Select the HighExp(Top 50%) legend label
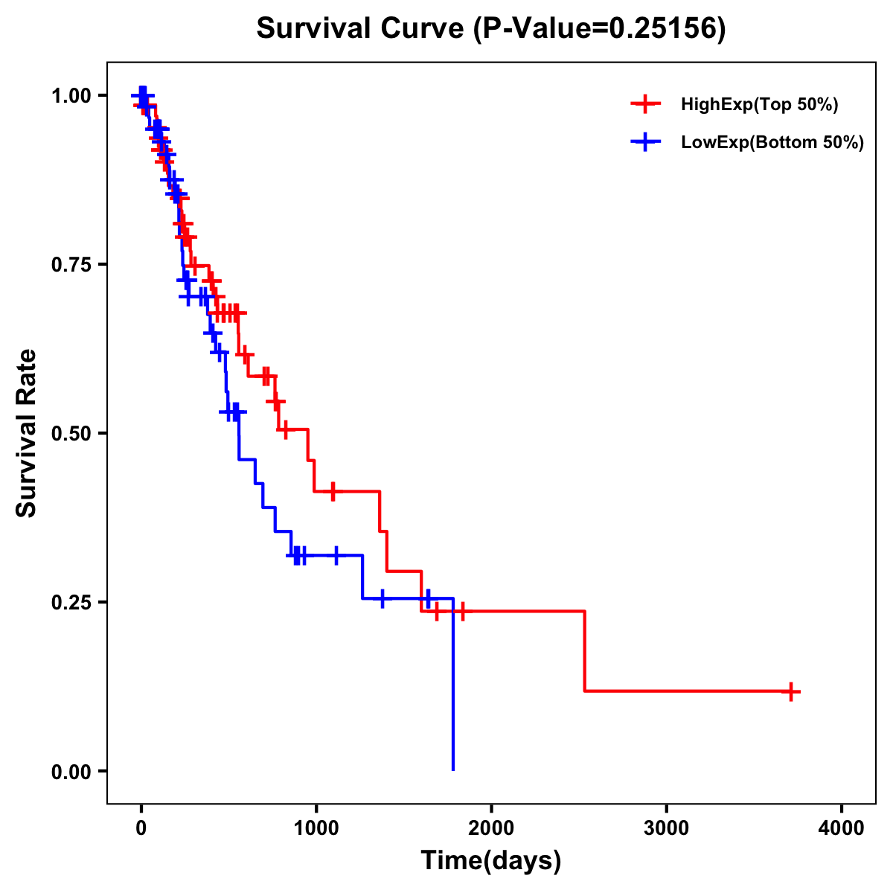tap(759, 105)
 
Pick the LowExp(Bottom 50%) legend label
tap(772, 143)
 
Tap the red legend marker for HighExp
tap(645, 104)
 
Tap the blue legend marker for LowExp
tap(645, 142)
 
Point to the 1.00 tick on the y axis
tap(72, 96)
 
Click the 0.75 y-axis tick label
tap(72, 265)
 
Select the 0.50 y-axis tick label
tap(72, 434)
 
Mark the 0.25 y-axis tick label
tap(72, 603)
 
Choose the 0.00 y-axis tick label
tap(72, 772)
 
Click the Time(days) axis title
tap(491, 861)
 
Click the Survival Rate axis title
tap(28, 433)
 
